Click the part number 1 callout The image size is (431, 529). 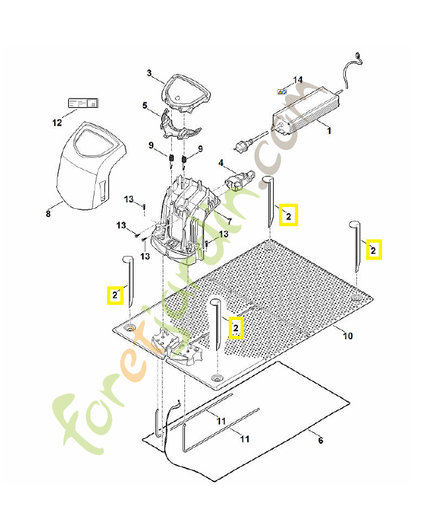pos(329,131)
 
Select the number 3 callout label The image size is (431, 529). pos(149,73)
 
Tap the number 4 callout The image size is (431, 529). pos(221,162)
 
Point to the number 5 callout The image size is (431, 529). pos(145,105)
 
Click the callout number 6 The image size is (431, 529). pos(321,440)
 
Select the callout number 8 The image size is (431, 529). pos(48,214)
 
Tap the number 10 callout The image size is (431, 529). pos(348,336)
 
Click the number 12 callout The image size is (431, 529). pos(56,122)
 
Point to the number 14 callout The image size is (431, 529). pos(297,80)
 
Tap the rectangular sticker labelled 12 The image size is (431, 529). pos(83,104)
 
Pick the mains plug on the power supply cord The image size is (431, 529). pos(241,142)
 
